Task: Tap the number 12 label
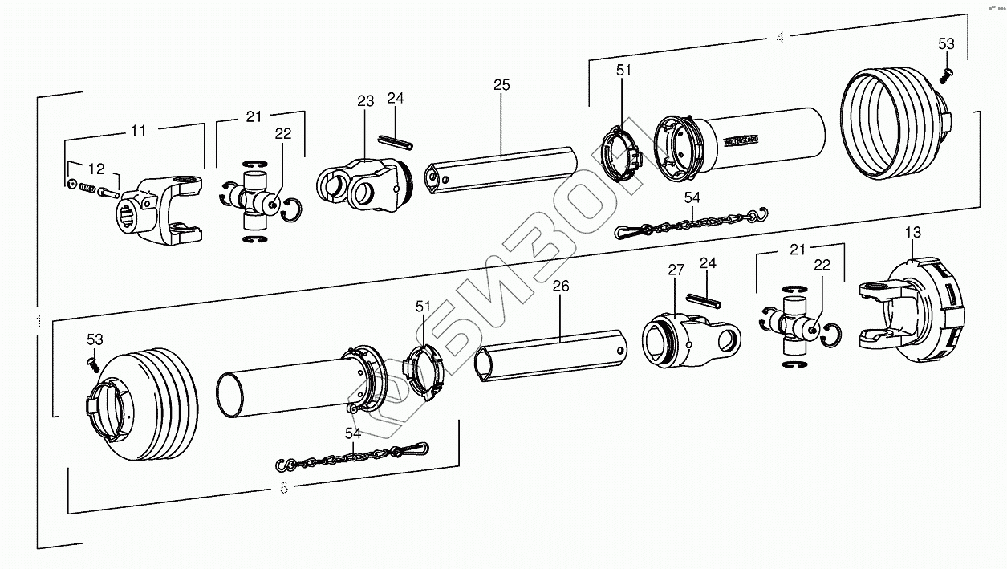96,169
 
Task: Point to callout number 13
913,233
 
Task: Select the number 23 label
366,101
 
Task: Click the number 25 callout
502,85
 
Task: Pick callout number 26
561,285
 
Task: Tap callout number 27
676,271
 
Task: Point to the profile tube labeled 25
501,170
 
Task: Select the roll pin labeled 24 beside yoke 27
706,299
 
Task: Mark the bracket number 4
779,39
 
